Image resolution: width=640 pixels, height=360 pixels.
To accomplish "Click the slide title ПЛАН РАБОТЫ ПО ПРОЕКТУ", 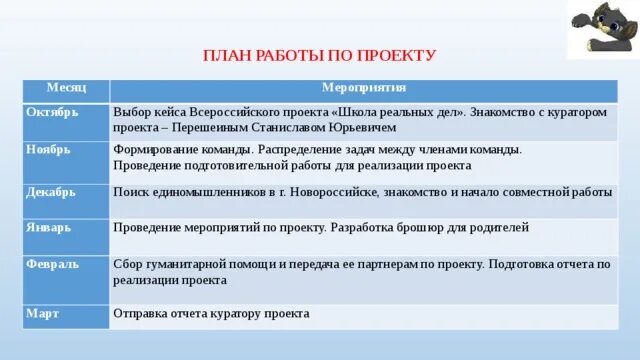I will [x=320, y=56].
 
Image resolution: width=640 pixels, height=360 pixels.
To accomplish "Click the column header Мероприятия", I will [x=363, y=90].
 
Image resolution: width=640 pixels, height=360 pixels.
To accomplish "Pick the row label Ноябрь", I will [x=46, y=148].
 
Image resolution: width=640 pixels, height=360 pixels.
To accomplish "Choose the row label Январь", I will [x=46, y=227].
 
